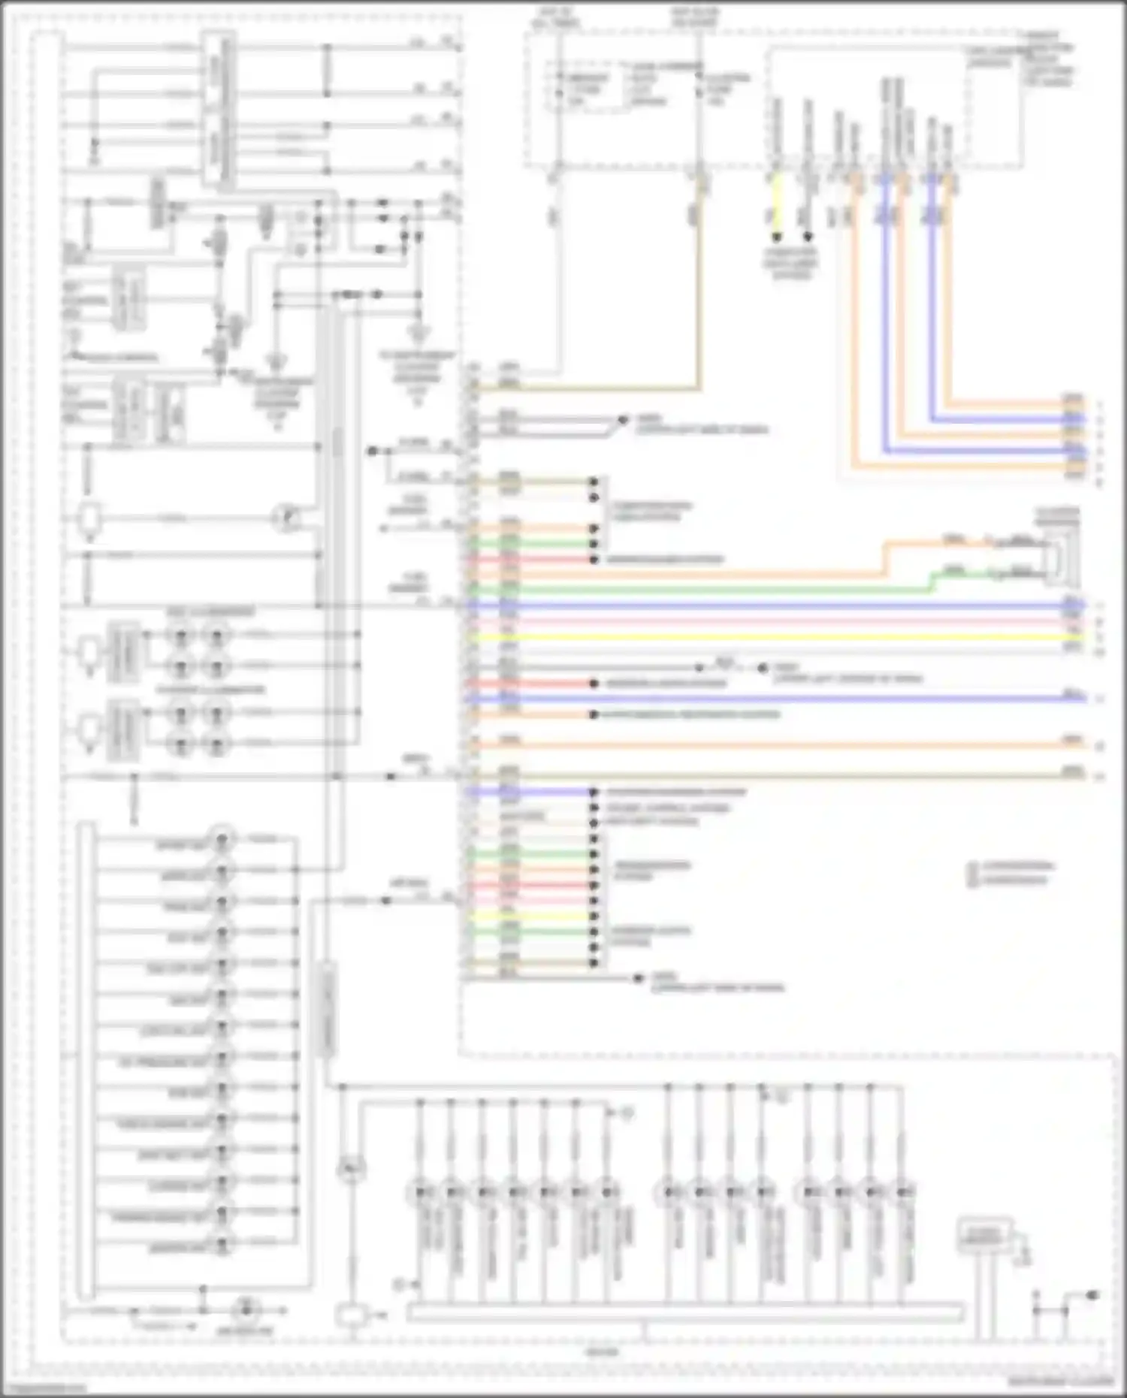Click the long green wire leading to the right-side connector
(676, 590)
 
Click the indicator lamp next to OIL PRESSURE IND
(222, 1060)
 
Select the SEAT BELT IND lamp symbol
(222, 1154)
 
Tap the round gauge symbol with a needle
(286, 518)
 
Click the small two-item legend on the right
(1011, 874)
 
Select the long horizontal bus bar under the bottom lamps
(684, 1313)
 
